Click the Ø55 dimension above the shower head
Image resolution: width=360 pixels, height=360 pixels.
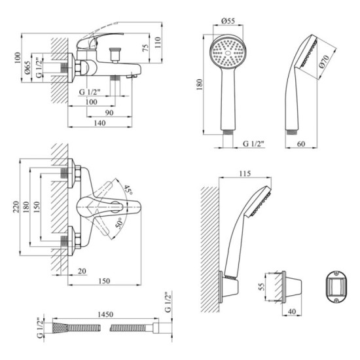tap(228, 21)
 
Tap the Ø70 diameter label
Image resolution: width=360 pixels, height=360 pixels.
tap(324, 62)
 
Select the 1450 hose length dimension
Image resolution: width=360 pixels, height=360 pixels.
tap(105, 314)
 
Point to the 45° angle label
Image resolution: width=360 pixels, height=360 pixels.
tap(128, 190)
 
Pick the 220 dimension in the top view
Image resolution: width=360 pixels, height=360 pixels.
tap(16, 207)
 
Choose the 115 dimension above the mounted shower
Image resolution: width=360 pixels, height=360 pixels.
tap(245, 173)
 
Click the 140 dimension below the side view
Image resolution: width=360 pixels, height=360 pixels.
tap(100, 123)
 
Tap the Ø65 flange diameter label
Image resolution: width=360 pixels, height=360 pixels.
tap(27, 67)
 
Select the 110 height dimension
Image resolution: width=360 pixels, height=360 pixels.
tap(158, 43)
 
